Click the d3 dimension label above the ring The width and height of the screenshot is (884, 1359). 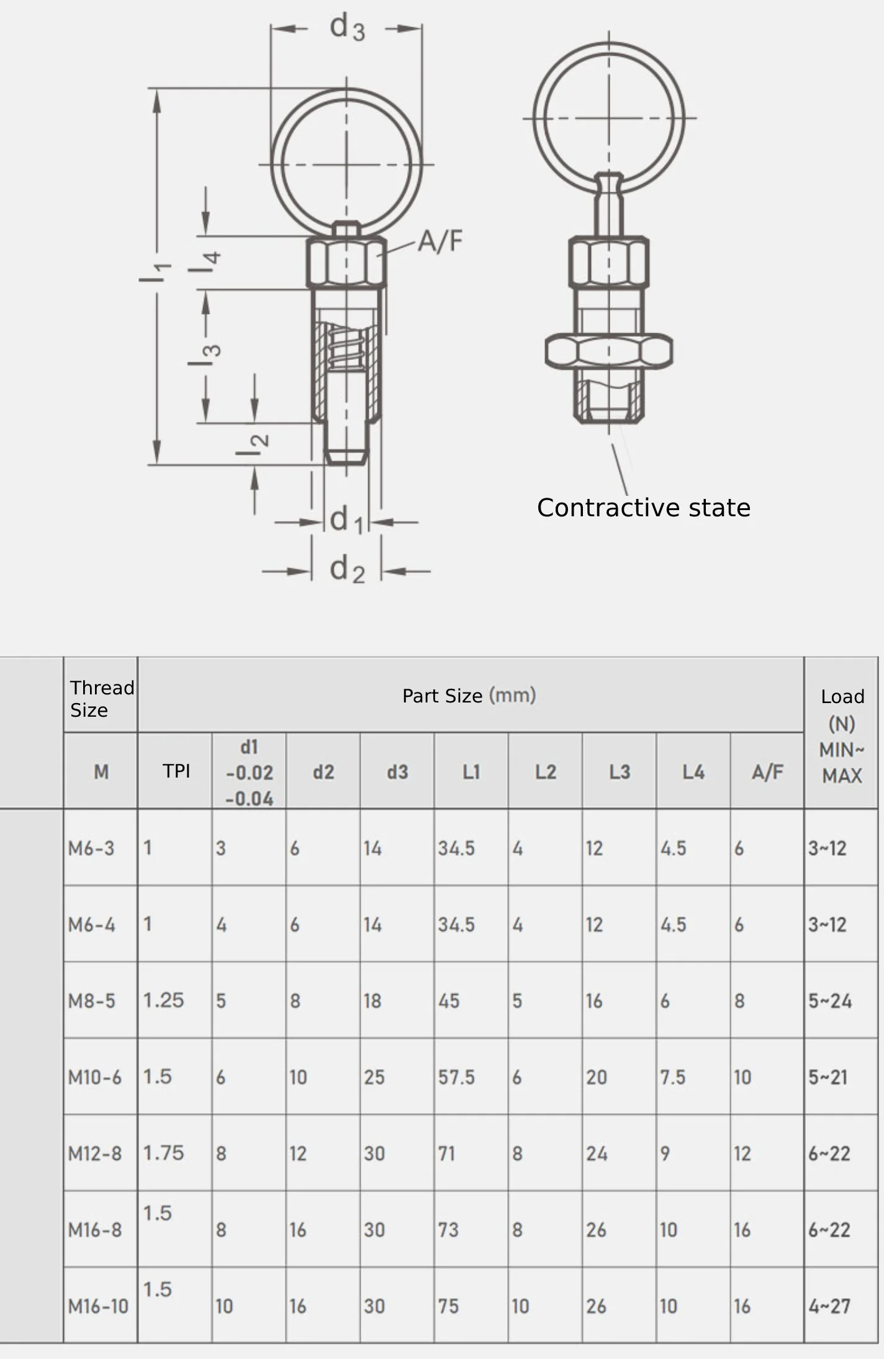[x=347, y=28]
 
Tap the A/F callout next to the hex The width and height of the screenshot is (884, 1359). [x=440, y=241]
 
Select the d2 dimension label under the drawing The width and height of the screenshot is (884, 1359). [x=347, y=569]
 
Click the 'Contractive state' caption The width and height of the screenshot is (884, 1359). [x=643, y=508]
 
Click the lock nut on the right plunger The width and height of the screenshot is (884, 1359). [x=608, y=351]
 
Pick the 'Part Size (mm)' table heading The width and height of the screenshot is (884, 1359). [x=469, y=696]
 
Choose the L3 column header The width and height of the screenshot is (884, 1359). [x=619, y=772]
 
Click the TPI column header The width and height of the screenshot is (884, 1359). [x=176, y=771]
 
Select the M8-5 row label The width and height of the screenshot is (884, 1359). [x=91, y=1001]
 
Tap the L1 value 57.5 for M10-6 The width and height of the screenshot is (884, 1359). [x=456, y=1077]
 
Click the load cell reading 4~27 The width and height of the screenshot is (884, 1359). [x=829, y=1306]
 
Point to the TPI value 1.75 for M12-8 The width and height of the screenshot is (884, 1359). [x=163, y=1153]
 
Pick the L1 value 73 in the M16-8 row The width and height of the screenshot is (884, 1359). [x=448, y=1230]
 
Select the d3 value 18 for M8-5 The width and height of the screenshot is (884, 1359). [x=372, y=1001]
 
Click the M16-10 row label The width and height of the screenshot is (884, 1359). [x=98, y=1306]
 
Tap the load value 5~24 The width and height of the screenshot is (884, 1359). [x=830, y=1001]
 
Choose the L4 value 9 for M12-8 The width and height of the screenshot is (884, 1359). [x=665, y=1154]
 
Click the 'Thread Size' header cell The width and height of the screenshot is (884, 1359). [x=101, y=699]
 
